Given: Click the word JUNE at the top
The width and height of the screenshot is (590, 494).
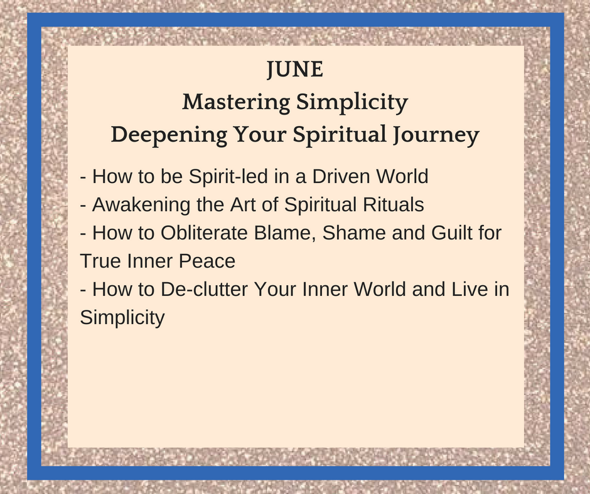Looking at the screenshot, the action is pos(295,70).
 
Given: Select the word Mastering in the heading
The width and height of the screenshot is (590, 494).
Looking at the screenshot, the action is pos(236,103).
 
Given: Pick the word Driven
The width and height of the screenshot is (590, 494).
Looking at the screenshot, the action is pos(336,176).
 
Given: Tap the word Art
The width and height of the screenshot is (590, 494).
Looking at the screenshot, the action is pos(243,204).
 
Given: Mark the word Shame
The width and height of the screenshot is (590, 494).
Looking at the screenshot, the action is pos(354,233).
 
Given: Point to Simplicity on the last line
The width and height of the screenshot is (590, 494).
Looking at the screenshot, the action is pos(122,318).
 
